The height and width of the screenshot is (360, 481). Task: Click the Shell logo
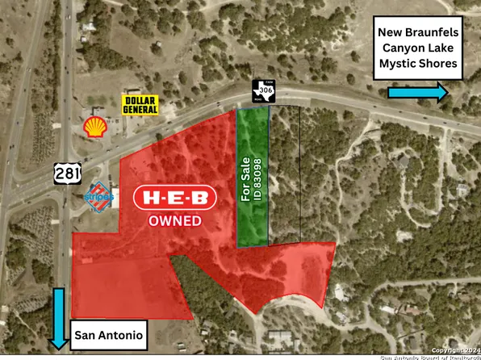tap(94, 126)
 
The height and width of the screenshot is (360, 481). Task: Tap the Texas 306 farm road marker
tap(264, 90)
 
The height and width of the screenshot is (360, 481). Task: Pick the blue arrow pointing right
tap(417, 93)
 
